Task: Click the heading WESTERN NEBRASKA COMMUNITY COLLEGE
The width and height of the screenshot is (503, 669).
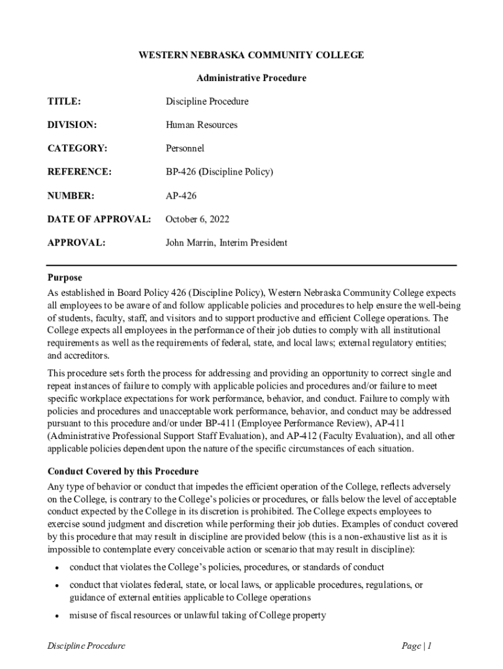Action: coord(252,55)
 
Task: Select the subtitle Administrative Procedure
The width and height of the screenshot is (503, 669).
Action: coord(252,78)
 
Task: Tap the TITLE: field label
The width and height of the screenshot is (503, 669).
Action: coord(64,102)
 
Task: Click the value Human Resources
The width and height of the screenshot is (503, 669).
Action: coord(201,125)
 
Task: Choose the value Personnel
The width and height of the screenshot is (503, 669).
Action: coord(185,149)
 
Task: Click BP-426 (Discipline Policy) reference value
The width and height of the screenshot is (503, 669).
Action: coord(219,172)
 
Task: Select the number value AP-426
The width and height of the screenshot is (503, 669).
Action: coord(181,196)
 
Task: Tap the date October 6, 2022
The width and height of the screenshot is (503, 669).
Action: coord(197,220)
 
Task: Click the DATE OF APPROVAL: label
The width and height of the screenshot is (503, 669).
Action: coord(99,220)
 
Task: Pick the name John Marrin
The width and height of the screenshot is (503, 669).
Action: coord(190,243)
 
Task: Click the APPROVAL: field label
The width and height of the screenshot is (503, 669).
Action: coord(76,243)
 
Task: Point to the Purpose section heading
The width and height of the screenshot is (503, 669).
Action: coord(65,278)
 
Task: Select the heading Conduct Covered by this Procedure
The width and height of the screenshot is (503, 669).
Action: coord(123,471)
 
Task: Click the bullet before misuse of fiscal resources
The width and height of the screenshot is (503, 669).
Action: coord(58,616)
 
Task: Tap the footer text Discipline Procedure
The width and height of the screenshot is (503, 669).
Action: coord(86,646)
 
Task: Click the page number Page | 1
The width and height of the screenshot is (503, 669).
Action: coord(417,646)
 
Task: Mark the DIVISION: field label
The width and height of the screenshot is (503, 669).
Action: coord(72,125)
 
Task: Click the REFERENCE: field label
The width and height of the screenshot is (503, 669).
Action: coord(80,172)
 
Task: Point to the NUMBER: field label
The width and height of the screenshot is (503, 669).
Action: coord(71,196)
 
